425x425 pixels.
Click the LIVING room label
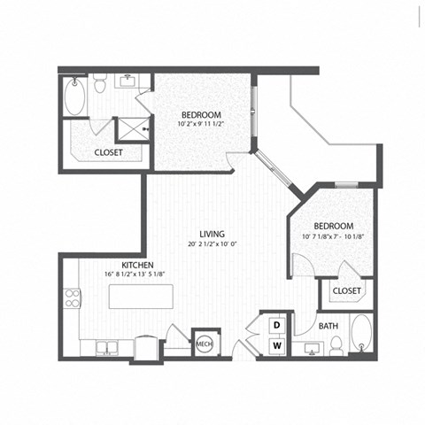point(211,233)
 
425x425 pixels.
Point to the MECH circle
point(204,343)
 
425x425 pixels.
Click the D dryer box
point(275,325)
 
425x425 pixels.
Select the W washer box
point(275,345)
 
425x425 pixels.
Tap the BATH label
point(329,327)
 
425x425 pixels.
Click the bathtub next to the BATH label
point(360,336)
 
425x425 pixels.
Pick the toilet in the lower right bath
point(336,346)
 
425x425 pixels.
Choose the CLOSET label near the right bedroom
point(345,290)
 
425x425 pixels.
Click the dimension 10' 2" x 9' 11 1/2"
point(202,125)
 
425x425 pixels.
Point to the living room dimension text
point(211,244)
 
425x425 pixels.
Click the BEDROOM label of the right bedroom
point(333,226)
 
